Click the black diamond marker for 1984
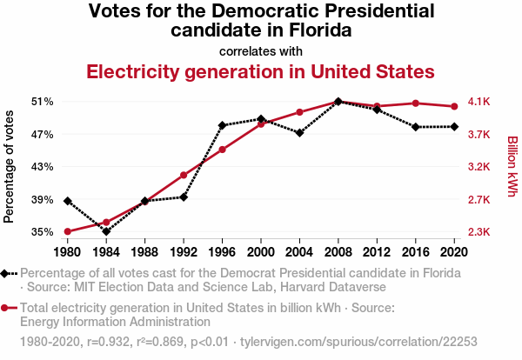pos(106,231)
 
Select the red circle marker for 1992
pos(184,175)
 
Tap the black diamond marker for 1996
pos(223,125)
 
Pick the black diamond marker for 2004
pos(299,133)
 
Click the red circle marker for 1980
pos(67,231)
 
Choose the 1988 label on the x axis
pos(144,252)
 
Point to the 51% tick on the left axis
pos(43,102)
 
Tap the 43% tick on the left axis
pos(43,167)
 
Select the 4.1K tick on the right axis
pos(479,102)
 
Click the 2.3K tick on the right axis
pos(479,232)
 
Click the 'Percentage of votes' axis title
pos(10,167)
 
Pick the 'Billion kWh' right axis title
pos(512,167)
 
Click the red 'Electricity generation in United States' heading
pos(260,70)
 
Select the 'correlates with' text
pos(261,50)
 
